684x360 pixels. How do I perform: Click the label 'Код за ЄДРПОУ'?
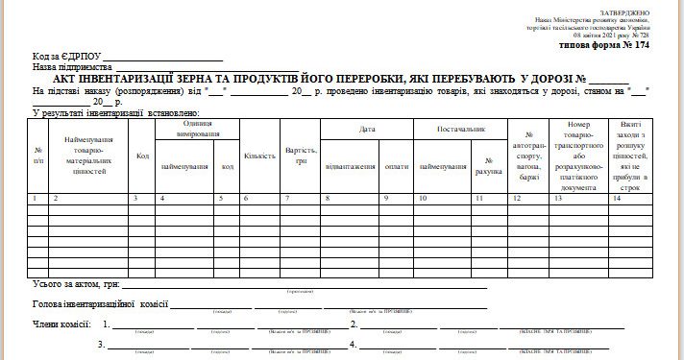coord(65,58)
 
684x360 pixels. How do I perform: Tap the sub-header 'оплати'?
coord(396,166)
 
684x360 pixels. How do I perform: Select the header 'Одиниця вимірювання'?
coord(197,129)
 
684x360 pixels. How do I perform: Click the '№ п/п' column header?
coord(37,155)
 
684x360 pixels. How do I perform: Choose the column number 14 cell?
coord(616,198)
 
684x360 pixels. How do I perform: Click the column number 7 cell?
coord(285,198)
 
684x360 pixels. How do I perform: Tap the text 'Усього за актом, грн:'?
coord(75,284)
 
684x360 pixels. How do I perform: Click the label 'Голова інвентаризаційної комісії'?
coord(100,304)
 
